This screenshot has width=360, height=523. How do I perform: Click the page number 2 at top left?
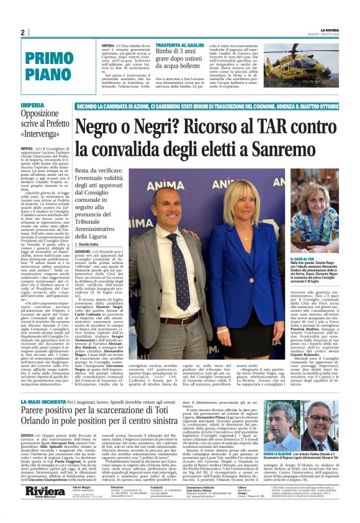[x=23, y=32]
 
